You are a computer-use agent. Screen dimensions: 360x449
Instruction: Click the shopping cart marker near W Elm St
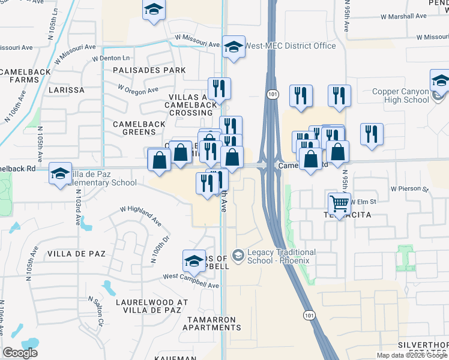click(340, 204)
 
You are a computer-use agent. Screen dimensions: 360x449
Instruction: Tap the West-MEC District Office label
click(291, 46)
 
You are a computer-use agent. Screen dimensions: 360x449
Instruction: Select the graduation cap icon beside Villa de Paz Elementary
click(59, 174)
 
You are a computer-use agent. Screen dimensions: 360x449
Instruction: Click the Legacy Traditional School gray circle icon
click(238, 256)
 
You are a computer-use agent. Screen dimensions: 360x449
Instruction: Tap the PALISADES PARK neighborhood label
click(149, 70)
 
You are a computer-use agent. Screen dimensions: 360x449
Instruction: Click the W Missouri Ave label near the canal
click(197, 41)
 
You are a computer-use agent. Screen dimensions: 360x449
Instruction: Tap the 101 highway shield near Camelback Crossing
click(273, 94)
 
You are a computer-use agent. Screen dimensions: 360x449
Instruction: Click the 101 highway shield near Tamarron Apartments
click(308, 315)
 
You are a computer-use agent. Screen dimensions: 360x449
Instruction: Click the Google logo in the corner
click(20, 353)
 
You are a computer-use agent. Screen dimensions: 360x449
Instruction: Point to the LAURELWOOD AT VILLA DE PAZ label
click(148, 306)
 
